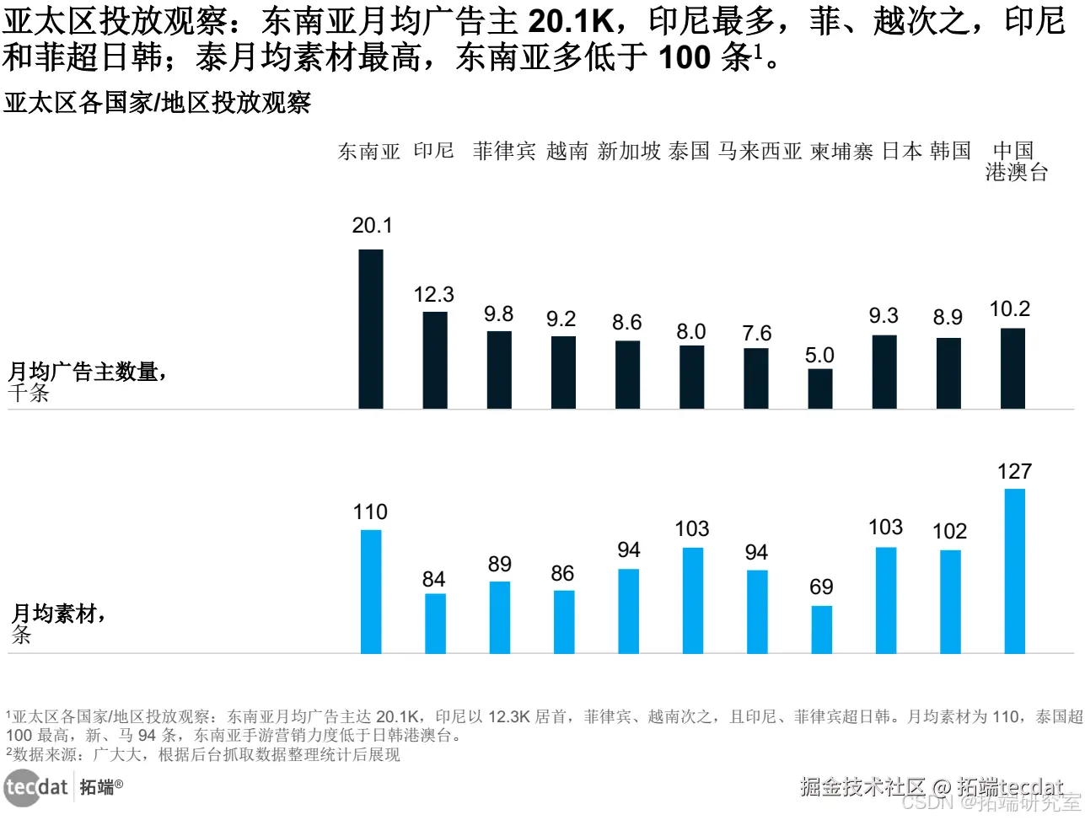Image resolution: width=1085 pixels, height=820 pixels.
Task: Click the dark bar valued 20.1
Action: (371, 330)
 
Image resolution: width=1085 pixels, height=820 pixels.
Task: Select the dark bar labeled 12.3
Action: (435, 361)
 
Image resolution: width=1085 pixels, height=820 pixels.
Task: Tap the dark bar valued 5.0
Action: (820, 389)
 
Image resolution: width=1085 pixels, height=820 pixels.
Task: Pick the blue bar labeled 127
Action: (1015, 571)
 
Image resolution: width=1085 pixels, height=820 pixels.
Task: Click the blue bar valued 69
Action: (822, 629)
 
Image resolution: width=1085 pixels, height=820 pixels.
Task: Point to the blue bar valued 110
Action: (371, 591)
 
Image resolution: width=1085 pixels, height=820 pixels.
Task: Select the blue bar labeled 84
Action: (435, 623)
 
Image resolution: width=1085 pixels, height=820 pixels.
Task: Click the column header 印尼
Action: (434, 151)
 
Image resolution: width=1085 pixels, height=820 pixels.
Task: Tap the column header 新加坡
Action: (629, 151)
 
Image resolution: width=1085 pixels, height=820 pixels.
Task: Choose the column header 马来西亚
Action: (760, 151)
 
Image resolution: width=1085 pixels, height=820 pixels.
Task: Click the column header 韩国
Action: (951, 151)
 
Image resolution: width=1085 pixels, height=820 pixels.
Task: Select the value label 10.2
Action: (1010, 309)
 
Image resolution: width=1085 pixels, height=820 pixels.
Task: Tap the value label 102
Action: (949, 532)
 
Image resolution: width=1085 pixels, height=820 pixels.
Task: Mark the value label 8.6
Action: (626, 322)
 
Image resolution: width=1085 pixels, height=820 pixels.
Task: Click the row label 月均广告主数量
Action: (87, 372)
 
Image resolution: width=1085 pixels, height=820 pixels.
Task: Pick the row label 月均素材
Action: (57, 614)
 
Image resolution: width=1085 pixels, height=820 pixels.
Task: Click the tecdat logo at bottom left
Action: (35, 787)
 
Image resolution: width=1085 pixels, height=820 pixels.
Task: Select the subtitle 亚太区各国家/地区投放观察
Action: (158, 103)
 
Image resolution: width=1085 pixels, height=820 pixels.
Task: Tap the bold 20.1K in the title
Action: (572, 21)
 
